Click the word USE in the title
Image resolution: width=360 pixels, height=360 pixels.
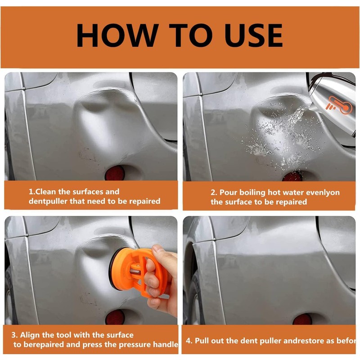click(254, 35)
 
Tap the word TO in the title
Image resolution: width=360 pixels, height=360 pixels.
click(191, 35)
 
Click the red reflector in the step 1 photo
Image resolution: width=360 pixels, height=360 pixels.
click(115, 173)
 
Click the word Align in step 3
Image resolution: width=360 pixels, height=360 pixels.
click(30, 335)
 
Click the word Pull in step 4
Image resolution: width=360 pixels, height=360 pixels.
click(202, 341)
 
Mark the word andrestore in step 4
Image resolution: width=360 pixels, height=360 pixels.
click(306, 341)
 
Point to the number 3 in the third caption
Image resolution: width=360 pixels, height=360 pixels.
click(14, 335)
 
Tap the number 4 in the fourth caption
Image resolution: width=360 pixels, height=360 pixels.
click(189, 341)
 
